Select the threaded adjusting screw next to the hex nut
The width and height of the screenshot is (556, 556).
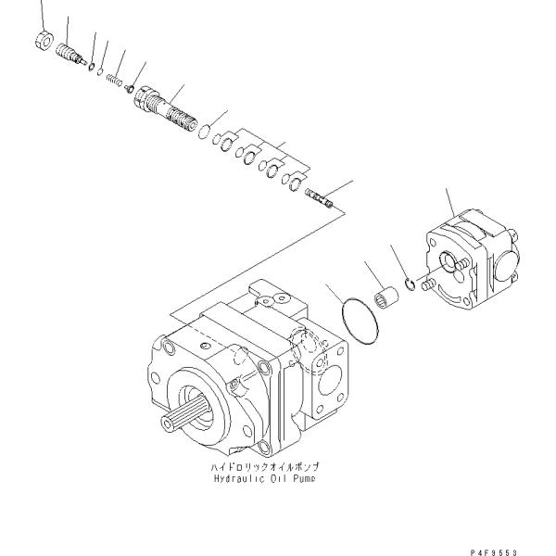click(x=67, y=50)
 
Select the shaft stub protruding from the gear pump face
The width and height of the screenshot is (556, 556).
click(x=427, y=286)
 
